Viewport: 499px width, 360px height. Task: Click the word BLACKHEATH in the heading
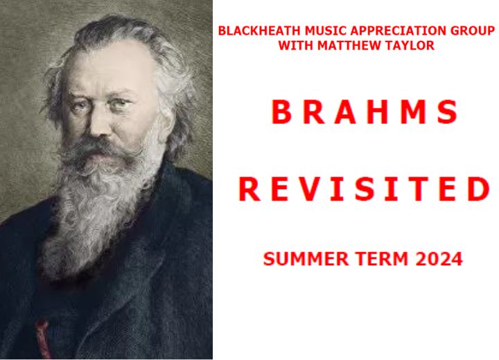pos(259,31)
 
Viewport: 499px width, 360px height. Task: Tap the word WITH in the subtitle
pos(296,45)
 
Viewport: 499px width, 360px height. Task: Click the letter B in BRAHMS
pos(281,111)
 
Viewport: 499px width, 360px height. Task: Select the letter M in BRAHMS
pos(414,111)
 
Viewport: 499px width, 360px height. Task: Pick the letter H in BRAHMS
pos(378,111)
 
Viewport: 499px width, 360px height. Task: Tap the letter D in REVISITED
pos(478,189)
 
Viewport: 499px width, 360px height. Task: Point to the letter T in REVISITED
pos(419,189)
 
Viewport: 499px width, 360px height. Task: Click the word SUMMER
pos(306,258)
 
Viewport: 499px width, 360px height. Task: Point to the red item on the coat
pos(43,339)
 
